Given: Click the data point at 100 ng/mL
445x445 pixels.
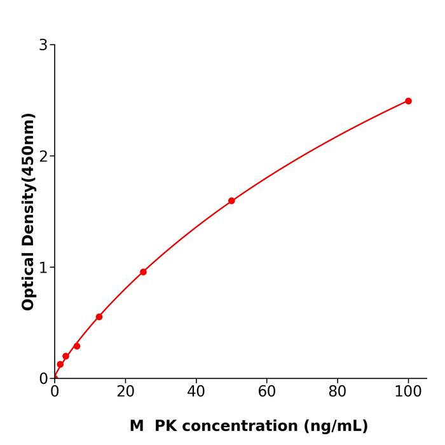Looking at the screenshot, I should click(x=408, y=101).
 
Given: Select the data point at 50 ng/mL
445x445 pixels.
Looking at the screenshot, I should click(x=231, y=201).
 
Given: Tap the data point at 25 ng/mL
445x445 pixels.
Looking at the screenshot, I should click(x=143, y=272).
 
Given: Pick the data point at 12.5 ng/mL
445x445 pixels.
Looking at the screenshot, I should click(x=99, y=317).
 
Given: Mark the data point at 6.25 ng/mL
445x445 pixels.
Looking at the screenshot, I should click(x=77, y=346).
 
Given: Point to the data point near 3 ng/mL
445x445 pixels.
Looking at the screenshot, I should click(x=65, y=357).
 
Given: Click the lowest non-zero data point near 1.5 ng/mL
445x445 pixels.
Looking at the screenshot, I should click(x=60, y=364).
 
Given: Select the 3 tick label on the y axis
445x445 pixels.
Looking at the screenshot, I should click(x=43, y=45).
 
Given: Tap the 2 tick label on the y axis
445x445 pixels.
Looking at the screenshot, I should click(x=43, y=156).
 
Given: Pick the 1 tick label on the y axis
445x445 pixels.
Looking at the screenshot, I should click(x=43, y=268).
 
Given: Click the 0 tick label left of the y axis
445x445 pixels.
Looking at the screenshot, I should click(x=43, y=379).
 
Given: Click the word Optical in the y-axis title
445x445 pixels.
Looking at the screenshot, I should click(x=28, y=279).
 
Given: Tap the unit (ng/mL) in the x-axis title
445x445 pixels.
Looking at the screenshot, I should click(x=336, y=426).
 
